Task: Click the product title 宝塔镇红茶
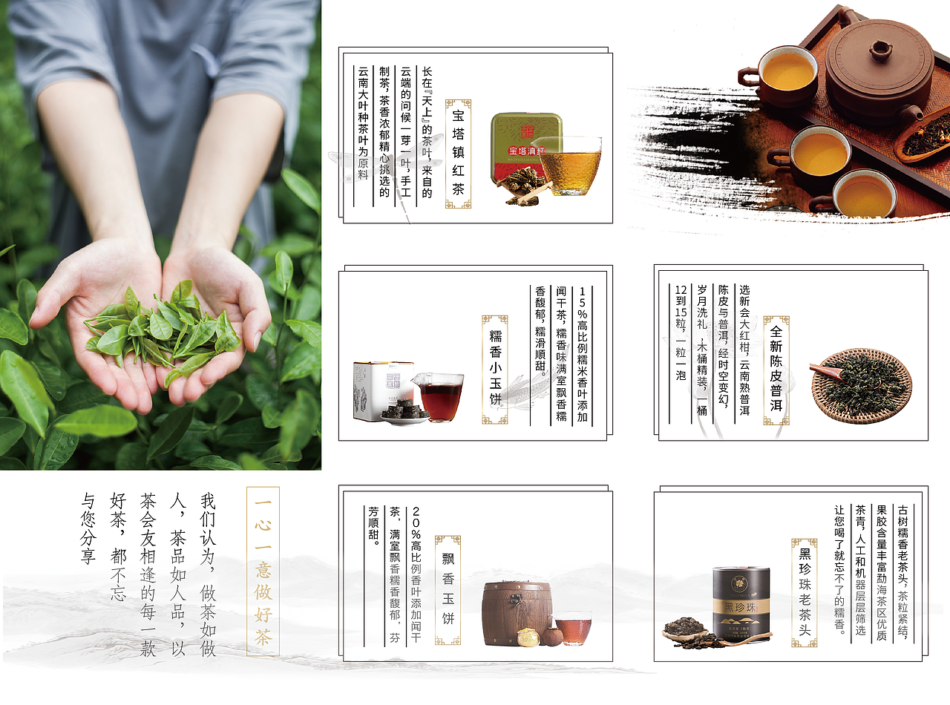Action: coord(458,154)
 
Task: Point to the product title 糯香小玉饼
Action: coord(495,369)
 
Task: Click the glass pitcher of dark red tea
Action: coord(440,395)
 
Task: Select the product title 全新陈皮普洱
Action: coord(776,370)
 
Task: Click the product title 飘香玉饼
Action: coord(448,589)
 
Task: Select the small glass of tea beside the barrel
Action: coord(573,627)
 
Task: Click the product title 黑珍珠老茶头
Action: coord(805,591)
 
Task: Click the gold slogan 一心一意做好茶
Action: coord(263,571)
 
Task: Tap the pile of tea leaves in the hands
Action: coord(162,332)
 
